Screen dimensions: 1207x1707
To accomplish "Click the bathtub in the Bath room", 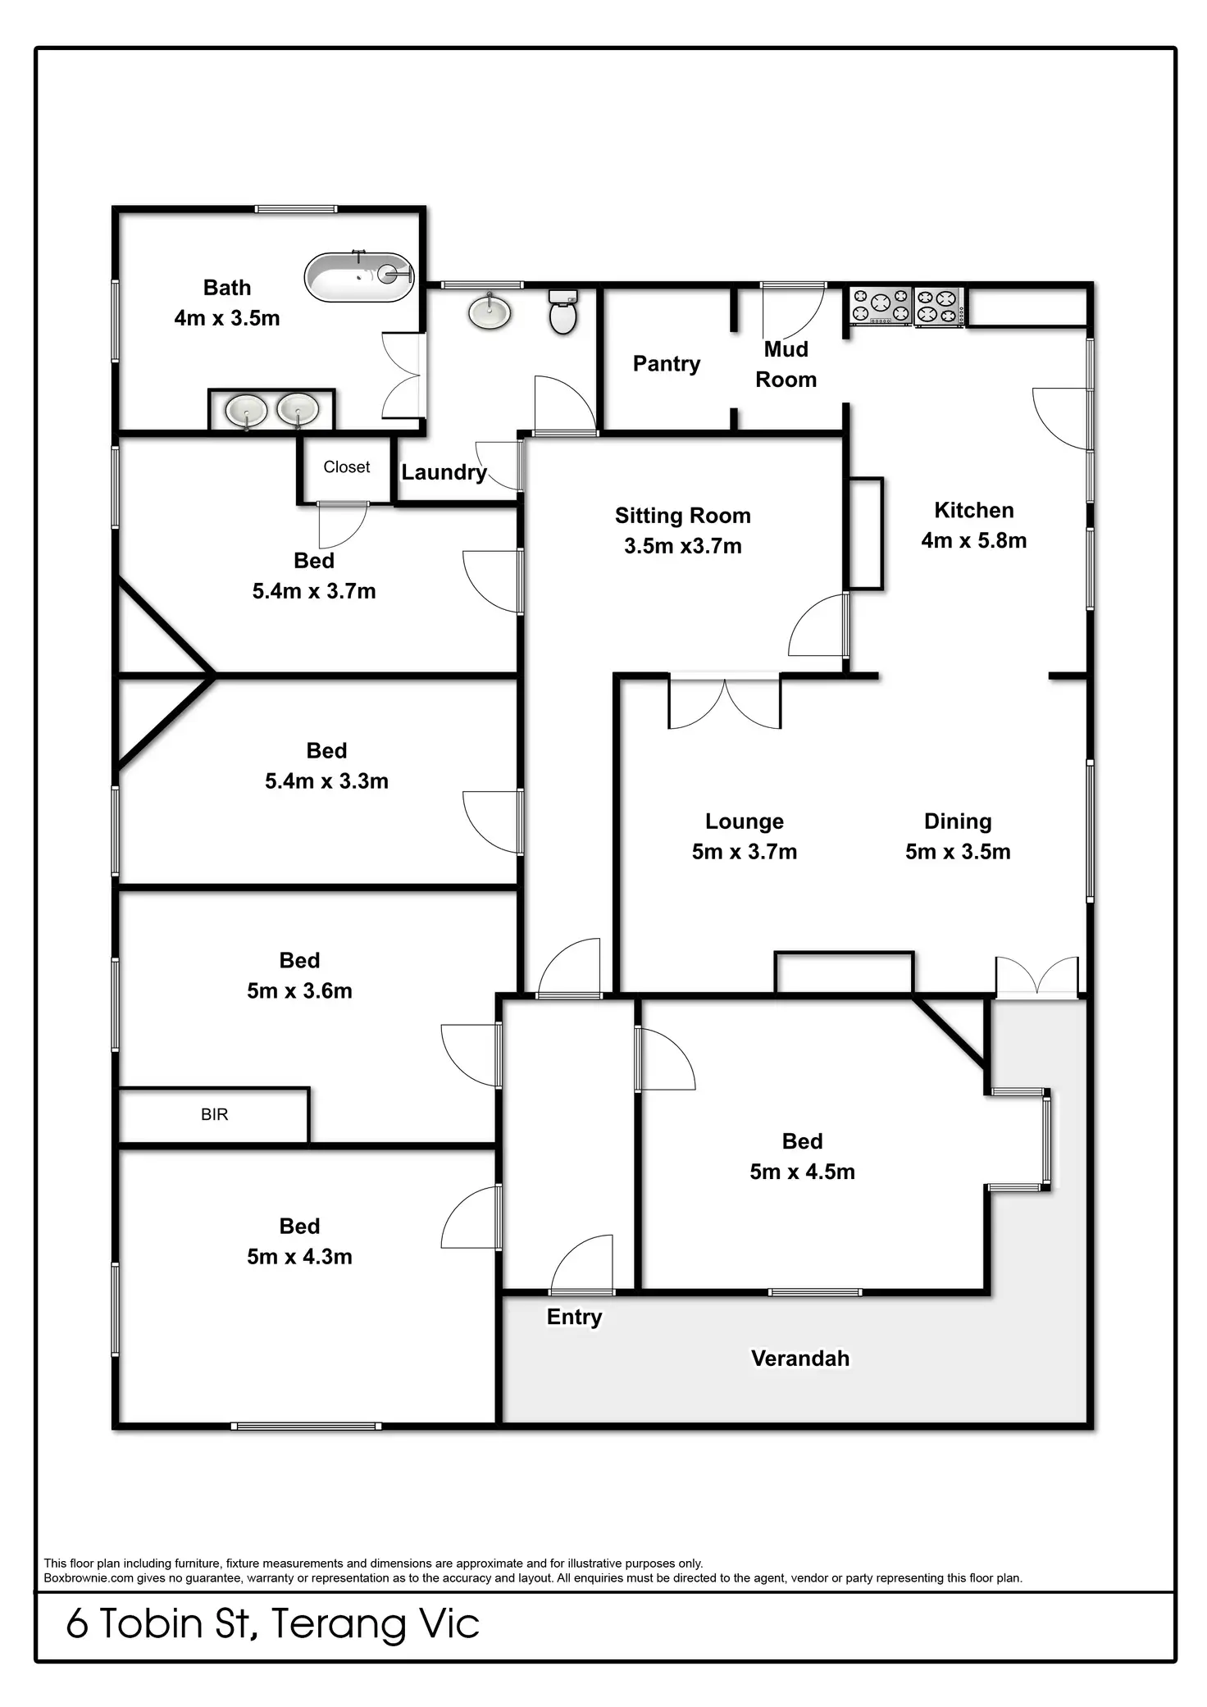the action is [x=358, y=277].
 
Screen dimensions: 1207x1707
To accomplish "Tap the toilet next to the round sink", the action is [x=563, y=312].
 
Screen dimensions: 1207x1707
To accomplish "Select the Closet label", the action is [x=346, y=467].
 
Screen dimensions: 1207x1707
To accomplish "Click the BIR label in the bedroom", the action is [x=214, y=1114].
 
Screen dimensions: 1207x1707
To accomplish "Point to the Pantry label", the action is [x=666, y=364].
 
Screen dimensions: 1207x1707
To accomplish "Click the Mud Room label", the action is [x=786, y=365].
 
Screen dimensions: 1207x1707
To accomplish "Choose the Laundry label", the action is [x=444, y=472].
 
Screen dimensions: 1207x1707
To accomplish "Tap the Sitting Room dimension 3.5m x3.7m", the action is [x=682, y=546].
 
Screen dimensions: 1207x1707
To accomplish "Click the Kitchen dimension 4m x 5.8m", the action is [x=973, y=540].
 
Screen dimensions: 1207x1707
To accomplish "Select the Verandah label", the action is [x=799, y=1359].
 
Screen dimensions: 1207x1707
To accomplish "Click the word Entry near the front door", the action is [x=574, y=1317].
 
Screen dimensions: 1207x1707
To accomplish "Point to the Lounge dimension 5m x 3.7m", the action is [x=744, y=852].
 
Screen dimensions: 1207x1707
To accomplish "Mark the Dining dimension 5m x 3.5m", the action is [x=957, y=852].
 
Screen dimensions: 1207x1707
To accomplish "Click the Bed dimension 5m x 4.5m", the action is [x=802, y=1172].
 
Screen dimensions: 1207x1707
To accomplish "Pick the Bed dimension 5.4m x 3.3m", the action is [x=326, y=781].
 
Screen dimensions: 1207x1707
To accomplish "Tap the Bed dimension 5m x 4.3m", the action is [x=299, y=1257].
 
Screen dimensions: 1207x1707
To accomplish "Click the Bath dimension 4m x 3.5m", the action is [x=226, y=318].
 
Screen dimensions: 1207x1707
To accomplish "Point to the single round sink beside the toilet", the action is [x=490, y=312].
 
